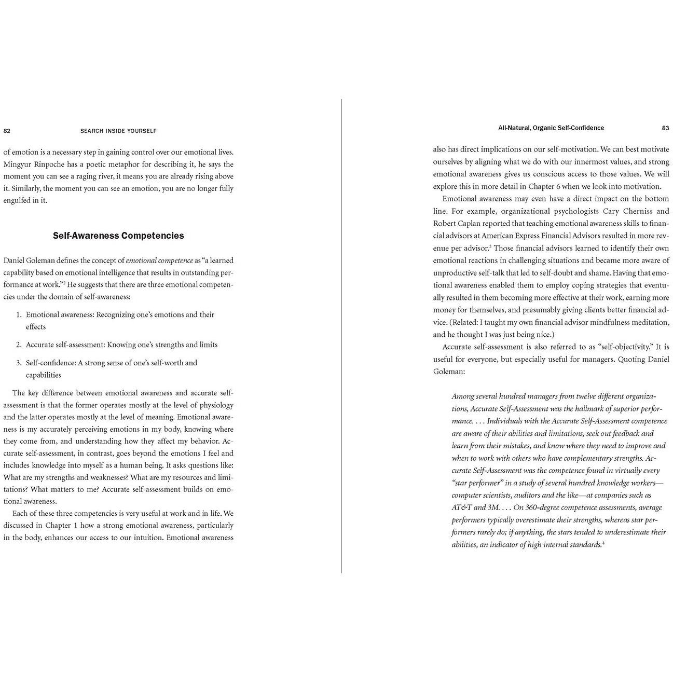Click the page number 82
point(7,131)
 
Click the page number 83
point(666,128)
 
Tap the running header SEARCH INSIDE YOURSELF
point(118,131)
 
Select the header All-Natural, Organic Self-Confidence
point(551,128)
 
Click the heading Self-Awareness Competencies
point(118,236)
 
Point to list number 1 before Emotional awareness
point(19,314)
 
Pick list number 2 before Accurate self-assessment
point(19,345)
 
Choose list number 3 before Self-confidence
point(19,363)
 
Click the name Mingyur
point(18,164)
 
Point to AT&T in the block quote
point(462,507)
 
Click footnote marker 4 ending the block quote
point(603,543)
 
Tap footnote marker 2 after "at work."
point(64,283)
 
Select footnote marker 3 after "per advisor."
point(490,246)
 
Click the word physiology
point(216,405)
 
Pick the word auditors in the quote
point(528,495)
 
